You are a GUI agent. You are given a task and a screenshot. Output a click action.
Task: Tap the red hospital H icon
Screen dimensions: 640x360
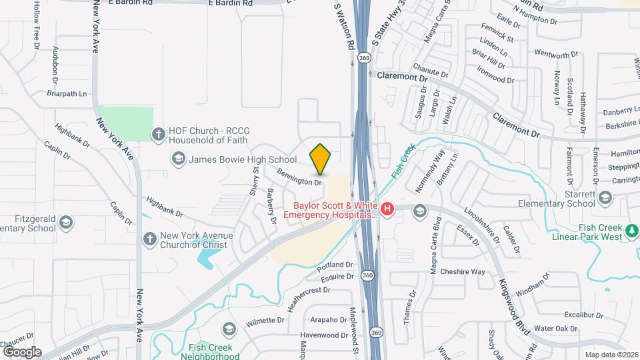(x=387, y=209)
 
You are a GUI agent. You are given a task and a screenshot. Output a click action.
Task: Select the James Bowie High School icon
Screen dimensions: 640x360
(x=178, y=159)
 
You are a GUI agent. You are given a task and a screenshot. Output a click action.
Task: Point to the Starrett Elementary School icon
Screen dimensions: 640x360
(x=605, y=197)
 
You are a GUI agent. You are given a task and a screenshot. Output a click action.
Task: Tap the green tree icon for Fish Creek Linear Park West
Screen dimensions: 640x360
(x=631, y=231)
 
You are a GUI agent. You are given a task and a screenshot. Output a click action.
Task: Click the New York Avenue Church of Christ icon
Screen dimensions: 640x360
(x=150, y=239)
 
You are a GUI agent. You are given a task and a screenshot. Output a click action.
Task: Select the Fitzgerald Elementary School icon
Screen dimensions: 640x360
(x=66, y=222)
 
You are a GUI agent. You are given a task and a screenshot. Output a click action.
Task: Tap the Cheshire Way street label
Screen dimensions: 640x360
(x=463, y=271)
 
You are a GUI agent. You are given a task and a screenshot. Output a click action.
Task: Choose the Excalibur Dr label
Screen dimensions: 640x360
(x=583, y=315)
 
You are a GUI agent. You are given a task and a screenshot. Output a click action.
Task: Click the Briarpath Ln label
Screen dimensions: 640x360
(x=67, y=94)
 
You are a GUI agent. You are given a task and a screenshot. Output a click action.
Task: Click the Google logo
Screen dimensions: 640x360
(x=21, y=351)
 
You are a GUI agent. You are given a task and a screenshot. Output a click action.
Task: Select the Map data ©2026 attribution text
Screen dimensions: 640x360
(x=611, y=355)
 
